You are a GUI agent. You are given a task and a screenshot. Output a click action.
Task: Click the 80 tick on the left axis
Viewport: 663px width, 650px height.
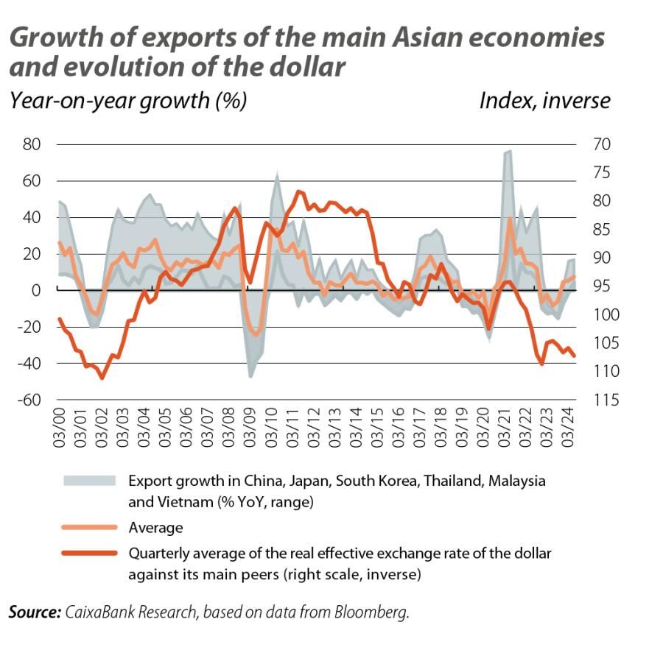tap(31, 144)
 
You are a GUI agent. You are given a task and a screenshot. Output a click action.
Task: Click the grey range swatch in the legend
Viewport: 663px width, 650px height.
tap(89, 481)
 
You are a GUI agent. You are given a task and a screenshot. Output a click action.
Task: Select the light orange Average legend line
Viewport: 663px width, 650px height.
tap(89, 527)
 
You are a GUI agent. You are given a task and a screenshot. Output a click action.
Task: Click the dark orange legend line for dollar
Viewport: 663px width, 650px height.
tap(89, 553)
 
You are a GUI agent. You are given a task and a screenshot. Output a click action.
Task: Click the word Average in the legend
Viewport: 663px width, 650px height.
tap(155, 527)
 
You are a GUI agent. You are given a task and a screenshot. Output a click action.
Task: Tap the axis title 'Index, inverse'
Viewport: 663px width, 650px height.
tap(544, 100)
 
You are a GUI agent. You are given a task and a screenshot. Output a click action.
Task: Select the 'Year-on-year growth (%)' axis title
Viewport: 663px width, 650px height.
tap(127, 100)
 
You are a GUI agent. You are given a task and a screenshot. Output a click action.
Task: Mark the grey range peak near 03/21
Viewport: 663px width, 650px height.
tap(509, 151)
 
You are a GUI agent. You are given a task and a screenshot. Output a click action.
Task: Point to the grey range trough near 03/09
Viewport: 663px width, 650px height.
tap(251, 377)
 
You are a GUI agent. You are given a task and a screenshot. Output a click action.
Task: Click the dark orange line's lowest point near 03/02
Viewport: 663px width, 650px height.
tap(102, 378)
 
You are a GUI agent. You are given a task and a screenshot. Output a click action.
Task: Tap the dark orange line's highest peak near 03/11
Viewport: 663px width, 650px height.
tap(298, 191)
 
